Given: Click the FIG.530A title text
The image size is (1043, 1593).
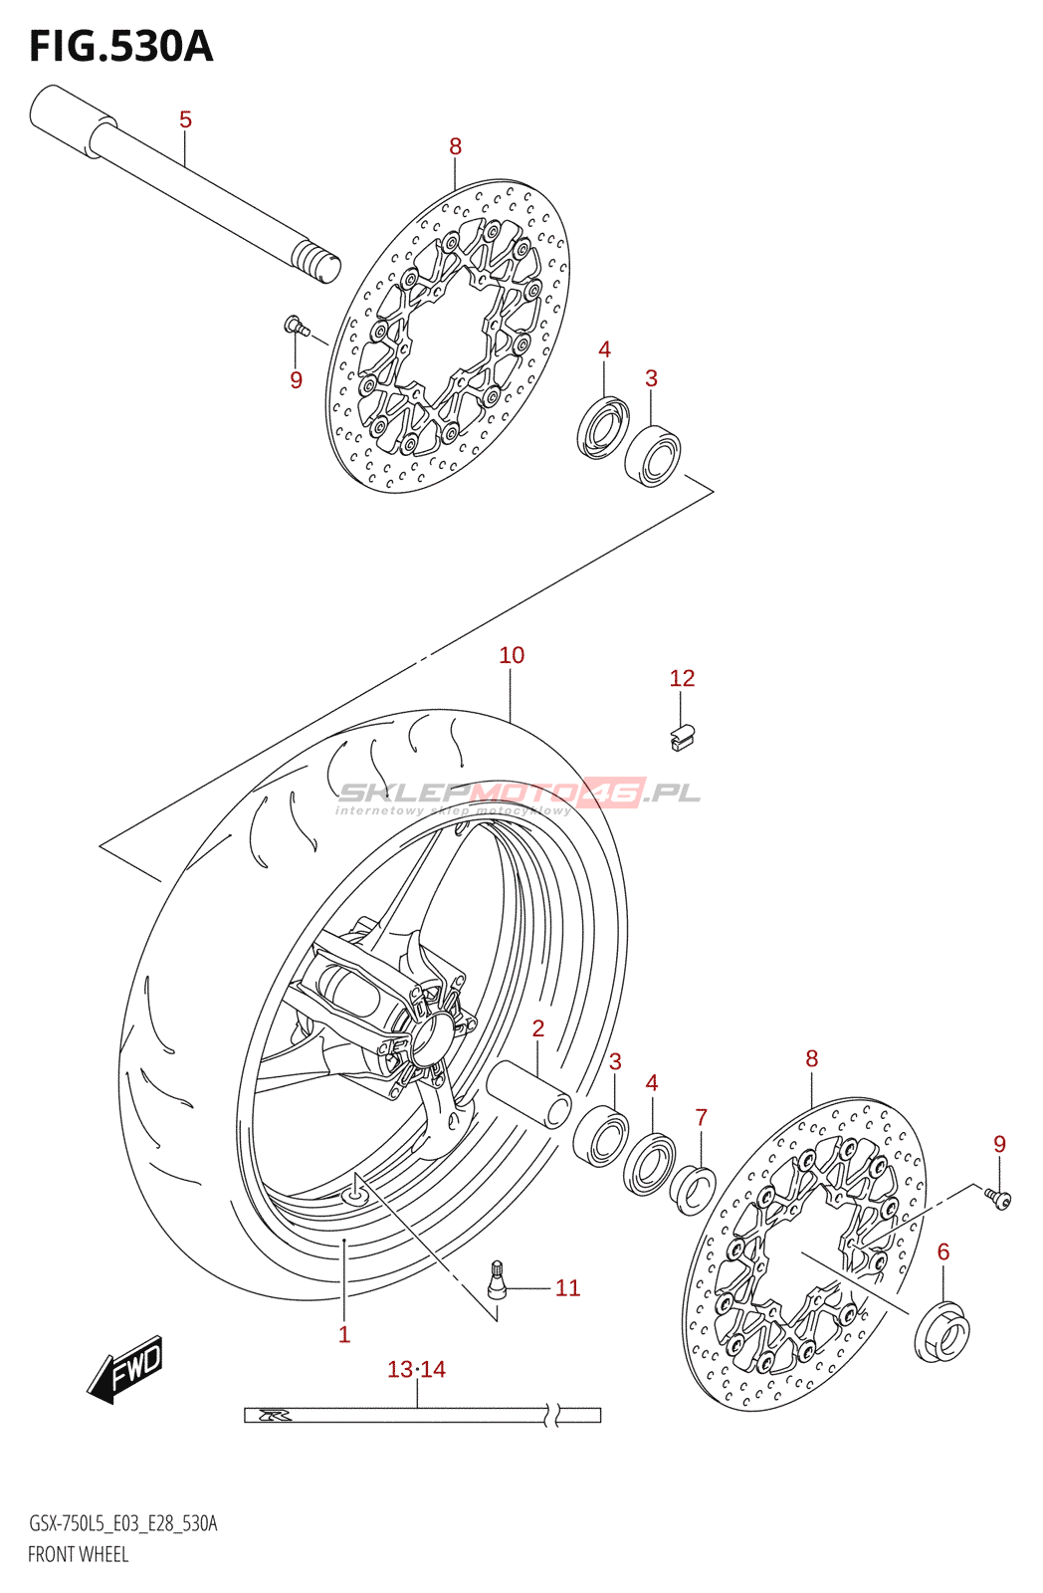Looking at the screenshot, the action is click(120, 47).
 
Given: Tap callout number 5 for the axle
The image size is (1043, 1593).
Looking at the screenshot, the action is click(185, 119).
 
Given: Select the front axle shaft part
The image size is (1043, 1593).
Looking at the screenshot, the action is click(189, 183).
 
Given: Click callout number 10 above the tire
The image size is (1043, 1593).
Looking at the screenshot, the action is click(511, 655).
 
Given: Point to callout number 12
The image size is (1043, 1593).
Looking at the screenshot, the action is click(682, 678).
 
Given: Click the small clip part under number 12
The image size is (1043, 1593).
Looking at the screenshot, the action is click(683, 737).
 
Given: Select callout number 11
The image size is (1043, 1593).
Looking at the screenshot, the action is click(567, 1288).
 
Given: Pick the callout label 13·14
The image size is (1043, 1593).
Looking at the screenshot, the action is click(416, 1370).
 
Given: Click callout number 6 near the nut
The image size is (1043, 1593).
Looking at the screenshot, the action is click(943, 1252).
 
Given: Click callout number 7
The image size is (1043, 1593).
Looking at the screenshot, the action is click(701, 1117).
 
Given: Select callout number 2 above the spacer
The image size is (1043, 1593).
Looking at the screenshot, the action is click(537, 1028).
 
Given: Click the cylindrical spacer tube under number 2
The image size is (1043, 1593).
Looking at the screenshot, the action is click(528, 1093).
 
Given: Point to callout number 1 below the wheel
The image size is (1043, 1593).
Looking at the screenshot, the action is click(344, 1335).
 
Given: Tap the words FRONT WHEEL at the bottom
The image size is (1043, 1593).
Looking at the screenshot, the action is click(78, 1554).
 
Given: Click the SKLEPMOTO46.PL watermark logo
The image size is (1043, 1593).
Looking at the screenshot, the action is click(519, 795).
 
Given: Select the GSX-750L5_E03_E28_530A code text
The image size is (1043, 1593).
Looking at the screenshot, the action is click(122, 1523).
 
